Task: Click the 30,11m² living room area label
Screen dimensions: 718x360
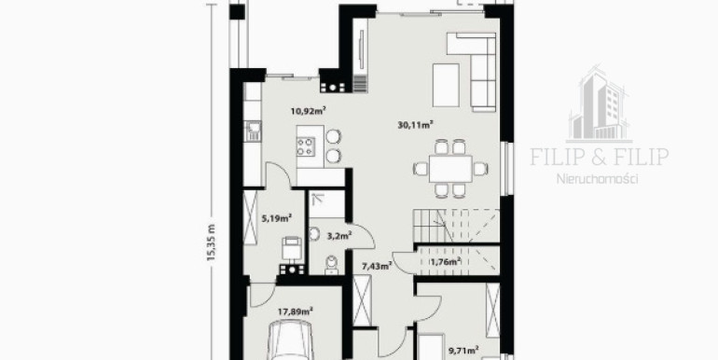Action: pos(415,125)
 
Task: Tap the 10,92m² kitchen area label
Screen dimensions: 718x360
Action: pos(308,110)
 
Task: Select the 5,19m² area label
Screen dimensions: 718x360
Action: pos(277,218)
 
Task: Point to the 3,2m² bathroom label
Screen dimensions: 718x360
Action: pos(338,236)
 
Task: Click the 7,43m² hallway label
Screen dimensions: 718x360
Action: pos(377,266)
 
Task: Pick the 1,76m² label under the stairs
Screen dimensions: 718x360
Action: pos(445,262)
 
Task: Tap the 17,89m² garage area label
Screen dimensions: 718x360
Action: pos(296,312)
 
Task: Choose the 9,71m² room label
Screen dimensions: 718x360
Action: pos(463,351)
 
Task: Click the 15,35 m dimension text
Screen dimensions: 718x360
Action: pos(211,242)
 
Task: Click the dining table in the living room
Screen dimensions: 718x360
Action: pos(450,169)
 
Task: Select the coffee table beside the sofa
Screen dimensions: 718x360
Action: pos(446,85)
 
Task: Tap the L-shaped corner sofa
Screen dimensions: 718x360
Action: pos(476,72)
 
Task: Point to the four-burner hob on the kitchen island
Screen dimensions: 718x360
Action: pos(306,147)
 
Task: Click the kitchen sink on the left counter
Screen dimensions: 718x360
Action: pos(253,132)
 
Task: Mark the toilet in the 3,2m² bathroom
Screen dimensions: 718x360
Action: pos(331,265)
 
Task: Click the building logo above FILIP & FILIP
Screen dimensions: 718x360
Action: pos(599,104)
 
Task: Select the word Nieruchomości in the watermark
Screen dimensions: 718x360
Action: pos(597,179)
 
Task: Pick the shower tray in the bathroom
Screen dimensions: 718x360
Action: pos(326,204)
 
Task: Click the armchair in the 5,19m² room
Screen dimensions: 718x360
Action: pos(292,249)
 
